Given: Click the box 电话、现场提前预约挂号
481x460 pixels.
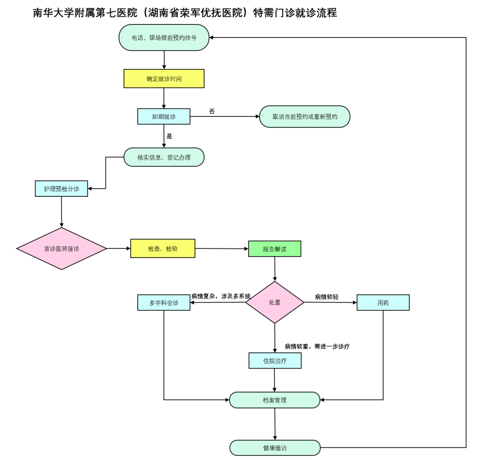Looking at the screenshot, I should point(164,38).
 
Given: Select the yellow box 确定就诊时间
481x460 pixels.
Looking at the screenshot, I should point(164,79).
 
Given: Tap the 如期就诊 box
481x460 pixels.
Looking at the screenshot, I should point(164,116).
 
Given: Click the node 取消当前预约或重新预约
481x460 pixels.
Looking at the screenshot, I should point(305,117).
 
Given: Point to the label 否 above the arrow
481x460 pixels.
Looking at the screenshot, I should point(212,112).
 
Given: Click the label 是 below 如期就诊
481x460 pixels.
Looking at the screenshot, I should point(169,137).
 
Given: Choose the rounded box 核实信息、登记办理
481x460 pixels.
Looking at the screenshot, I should point(164,157).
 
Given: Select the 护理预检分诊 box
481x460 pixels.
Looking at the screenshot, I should point(61,189).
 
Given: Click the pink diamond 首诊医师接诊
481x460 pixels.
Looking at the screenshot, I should point(61,249).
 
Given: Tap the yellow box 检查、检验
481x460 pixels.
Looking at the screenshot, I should point(163,249).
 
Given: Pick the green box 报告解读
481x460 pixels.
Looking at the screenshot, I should point(274,249).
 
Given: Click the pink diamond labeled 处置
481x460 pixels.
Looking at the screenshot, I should point(275,303).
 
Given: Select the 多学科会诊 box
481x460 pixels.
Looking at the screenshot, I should point(164,303).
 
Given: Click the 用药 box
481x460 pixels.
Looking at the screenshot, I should point(383,303).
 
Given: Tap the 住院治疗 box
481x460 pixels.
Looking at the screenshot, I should point(275,361).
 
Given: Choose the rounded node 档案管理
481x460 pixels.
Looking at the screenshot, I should point(275,400).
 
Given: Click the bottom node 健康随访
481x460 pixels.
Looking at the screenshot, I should point(275,448).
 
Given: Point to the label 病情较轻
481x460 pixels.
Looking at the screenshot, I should point(327,297).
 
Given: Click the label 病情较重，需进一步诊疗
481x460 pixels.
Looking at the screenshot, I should point(317,346).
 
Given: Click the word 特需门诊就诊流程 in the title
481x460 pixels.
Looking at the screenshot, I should point(295,13).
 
